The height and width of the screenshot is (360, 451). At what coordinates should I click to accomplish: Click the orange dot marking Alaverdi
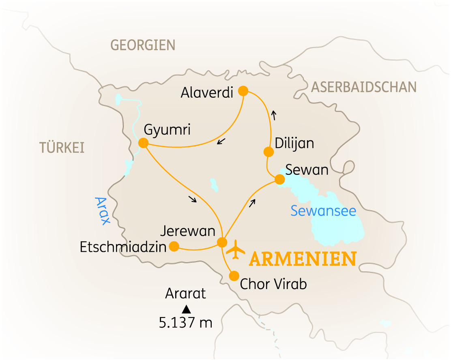click(243, 90)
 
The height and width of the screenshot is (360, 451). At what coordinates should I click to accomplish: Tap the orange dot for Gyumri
click(143, 143)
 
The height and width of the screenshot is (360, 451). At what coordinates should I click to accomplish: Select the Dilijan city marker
click(268, 152)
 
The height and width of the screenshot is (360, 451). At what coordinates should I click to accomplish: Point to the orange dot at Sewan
click(279, 179)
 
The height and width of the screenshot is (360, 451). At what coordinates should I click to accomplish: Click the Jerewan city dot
click(222, 242)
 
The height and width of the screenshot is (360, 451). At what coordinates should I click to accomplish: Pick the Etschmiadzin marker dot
click(174, 246)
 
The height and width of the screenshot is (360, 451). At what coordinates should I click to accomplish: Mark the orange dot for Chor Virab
click(234, 276)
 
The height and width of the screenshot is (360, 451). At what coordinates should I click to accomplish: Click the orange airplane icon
click(236, 249)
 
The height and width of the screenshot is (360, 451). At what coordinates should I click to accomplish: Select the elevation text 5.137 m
click(186, 323)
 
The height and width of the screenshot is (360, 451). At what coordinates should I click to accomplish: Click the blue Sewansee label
click(323, 211)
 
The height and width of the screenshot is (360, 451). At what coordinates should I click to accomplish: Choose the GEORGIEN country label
click(143, 45)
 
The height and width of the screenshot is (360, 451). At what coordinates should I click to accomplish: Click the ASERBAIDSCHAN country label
click(364, 87)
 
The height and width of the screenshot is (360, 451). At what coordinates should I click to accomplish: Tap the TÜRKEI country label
click(62, 148)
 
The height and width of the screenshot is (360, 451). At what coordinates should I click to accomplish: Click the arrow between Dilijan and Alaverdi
click(274, 116)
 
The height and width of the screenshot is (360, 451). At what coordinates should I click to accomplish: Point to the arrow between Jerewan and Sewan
click(253, 203)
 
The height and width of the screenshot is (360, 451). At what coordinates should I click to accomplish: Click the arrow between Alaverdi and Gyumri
click(221, 141)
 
